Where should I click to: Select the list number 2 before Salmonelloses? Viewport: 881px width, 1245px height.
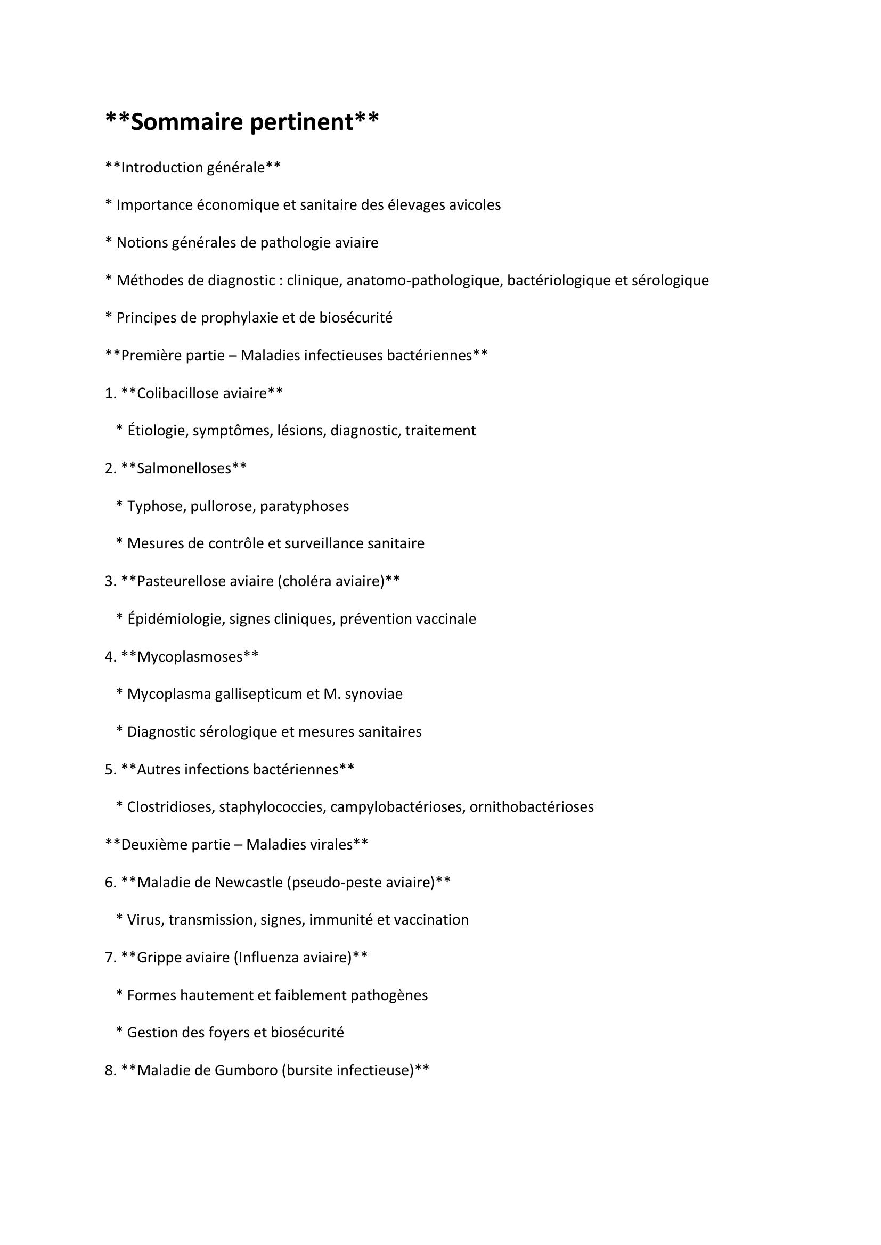(x=109, y=468)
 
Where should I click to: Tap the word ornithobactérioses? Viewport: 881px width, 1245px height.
(x=532, y=807)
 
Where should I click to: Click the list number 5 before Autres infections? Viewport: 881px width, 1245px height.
(x=109, y=770)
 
